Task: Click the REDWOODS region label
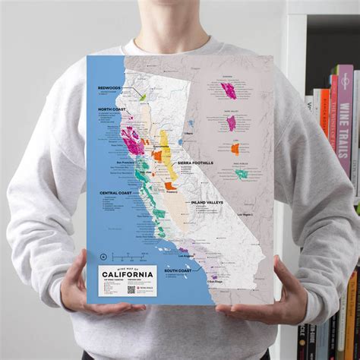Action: pos(109,88)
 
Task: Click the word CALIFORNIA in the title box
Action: pos(128,273)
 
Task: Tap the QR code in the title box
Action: pos(131,288)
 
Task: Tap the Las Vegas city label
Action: pos(245,214)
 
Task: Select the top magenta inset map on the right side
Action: pos(229,90)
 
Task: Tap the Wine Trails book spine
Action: pos(344,122)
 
